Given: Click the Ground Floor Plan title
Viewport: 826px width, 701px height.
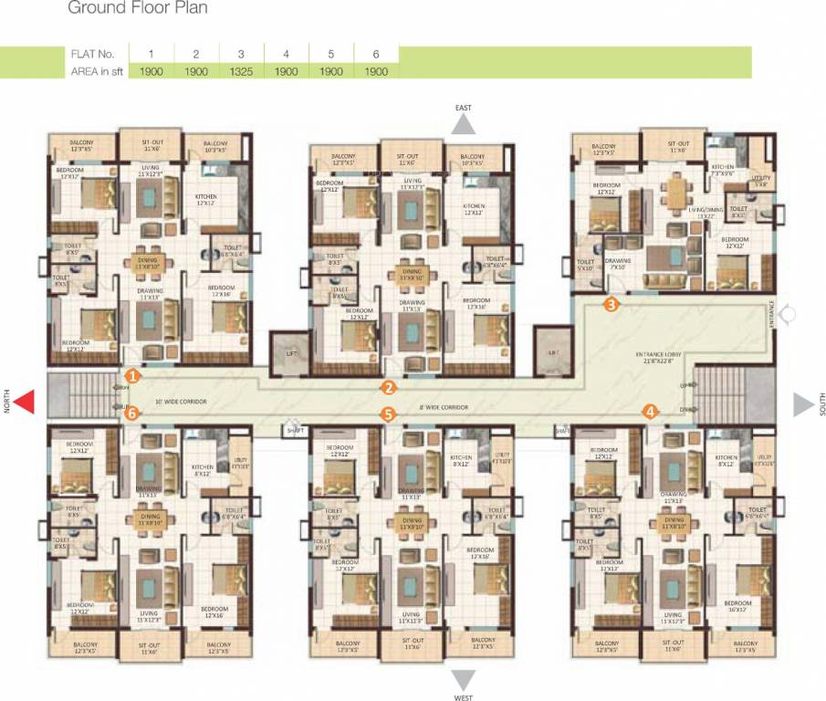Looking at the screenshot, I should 138,9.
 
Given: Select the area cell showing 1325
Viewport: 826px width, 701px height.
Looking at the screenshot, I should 241,71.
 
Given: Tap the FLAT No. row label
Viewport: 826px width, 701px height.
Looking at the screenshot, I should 94,55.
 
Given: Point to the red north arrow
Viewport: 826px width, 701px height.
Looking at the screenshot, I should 25,403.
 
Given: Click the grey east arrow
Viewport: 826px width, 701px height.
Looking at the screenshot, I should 464,125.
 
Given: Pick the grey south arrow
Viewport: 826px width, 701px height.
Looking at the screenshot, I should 803,404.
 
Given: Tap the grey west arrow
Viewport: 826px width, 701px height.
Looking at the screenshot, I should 464,680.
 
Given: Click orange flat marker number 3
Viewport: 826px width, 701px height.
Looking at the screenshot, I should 611,305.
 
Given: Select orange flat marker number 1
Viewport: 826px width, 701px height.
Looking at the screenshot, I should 133,375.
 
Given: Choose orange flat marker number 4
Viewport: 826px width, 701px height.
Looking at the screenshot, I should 650,412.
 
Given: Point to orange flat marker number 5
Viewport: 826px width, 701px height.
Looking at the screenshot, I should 389,413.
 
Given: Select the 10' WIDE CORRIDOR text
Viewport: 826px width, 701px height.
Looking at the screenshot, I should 181,402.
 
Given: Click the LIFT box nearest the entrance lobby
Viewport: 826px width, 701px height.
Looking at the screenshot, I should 552,352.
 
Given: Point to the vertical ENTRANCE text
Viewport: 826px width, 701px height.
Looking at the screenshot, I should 771,314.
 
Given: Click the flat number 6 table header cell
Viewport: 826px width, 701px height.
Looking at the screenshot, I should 375,55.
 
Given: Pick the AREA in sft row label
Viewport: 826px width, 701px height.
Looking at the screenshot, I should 98,71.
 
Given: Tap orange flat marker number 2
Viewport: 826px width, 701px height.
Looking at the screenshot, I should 389,387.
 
